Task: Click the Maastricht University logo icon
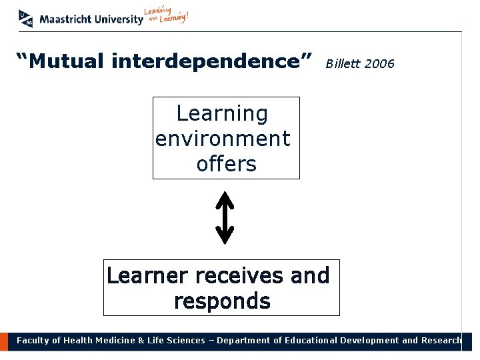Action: [25, 18]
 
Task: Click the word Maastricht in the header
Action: [64, 19]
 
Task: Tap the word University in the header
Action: [117, 19]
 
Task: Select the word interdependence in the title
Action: [212, 62]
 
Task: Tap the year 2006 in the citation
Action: [380, 64]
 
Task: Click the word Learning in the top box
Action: [222, 113]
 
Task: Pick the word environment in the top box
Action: [223, 139]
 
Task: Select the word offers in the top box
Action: [226, 163]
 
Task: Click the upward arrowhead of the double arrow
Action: [225, 199]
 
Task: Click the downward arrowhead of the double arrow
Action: [225, 236]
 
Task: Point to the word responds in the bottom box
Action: [222, 301]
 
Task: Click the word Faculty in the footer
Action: [33, 341]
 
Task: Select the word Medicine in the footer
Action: [112, 341]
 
